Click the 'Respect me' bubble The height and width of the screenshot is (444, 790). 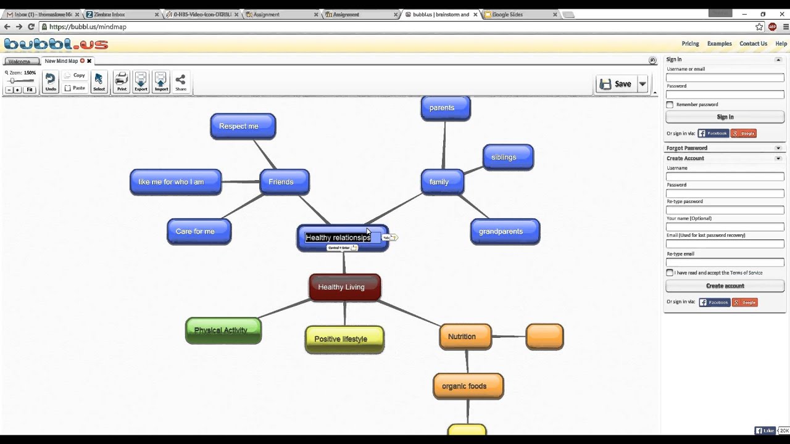click(x=243, y=126)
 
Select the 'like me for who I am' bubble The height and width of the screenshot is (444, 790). click(x=175, y=182)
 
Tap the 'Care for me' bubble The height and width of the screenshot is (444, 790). click(x=199, y=232)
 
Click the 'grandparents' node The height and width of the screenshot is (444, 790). click(x=505, y=232)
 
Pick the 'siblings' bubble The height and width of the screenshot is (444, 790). click(x=507, y=157)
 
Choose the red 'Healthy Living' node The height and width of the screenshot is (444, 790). click(x=344, y=287)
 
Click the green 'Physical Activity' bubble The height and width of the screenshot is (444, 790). click(x=223, y=331)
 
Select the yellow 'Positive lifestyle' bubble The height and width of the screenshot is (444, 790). click(x=344, y=339)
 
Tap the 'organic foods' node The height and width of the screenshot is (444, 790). click(x=468, y=387)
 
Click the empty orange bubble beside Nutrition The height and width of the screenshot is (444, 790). click(x=544, y=337)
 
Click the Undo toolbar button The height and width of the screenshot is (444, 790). click(x=51, y=82)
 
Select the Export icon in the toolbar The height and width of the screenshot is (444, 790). click(x=141, y=82)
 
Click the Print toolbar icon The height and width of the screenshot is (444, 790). click(x=122, y=82)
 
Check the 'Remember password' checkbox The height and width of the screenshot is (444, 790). click(x=670, y=105)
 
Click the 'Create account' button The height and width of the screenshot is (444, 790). click(x=725, y=286)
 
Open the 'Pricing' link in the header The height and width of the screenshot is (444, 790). click(x=690, y=44)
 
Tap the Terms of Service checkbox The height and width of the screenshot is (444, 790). click(x=670, y=273)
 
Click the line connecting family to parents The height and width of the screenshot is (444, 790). click(x=444, y=145)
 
